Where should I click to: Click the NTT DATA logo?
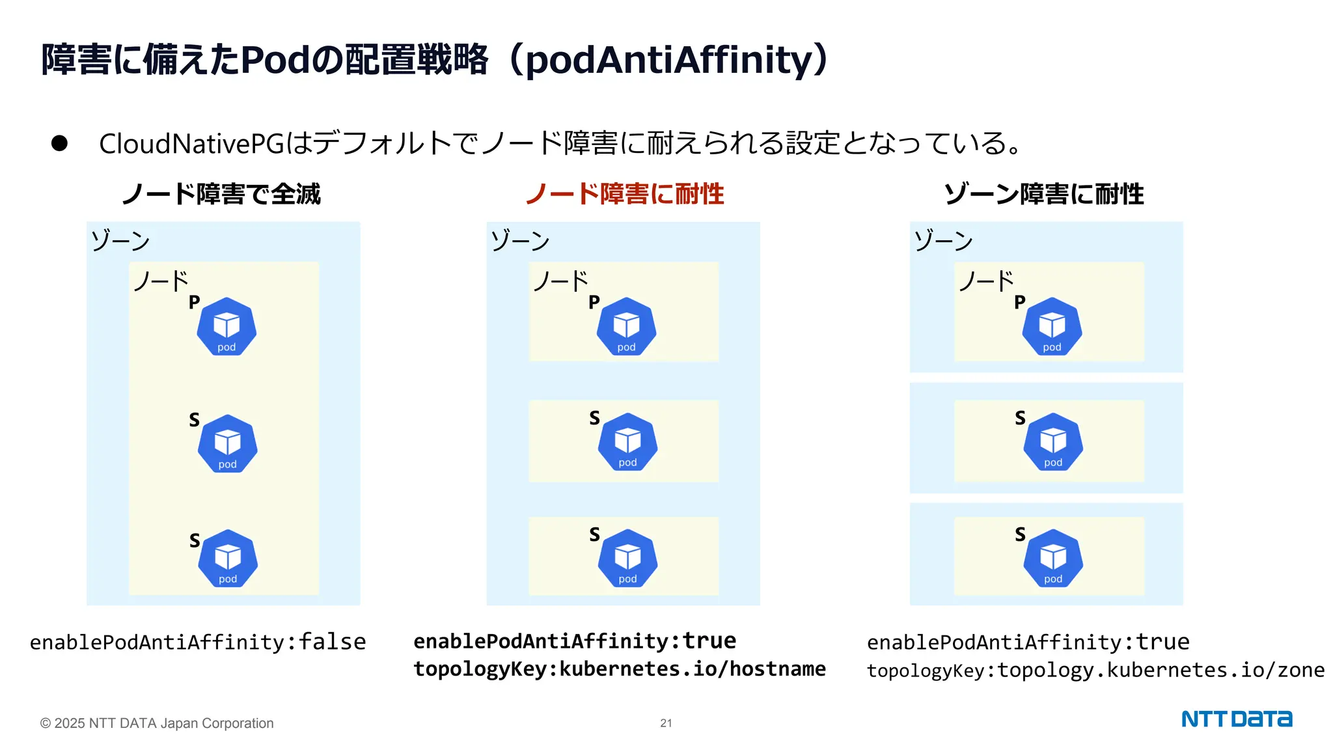tap(1236, 719)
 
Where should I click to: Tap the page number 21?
tap(666, 723)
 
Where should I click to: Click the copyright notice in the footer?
tap(157, 723)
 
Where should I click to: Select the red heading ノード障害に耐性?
tap(624, 194)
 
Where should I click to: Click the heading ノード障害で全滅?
tap(221, 194)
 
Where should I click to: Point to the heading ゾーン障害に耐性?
tap(1043, 194)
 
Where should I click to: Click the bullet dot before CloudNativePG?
tap(59, 143)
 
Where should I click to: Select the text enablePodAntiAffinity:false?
tap(198, 642)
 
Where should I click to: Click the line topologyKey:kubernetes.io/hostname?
tap(619, 669)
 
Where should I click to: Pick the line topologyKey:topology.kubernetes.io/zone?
tap(1095, 670)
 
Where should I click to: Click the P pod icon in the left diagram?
tap(227, 326)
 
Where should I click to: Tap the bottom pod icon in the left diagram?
tap(228, 559)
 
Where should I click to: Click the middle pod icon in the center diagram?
tap(627, 442)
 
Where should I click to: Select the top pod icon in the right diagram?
tap(1052, 326)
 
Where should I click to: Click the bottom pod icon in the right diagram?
tap(1053, 559)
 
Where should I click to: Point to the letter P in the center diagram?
tap(594, 302)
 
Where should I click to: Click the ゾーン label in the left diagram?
tap(120, 240)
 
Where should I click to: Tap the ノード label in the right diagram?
tap(986, 281)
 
